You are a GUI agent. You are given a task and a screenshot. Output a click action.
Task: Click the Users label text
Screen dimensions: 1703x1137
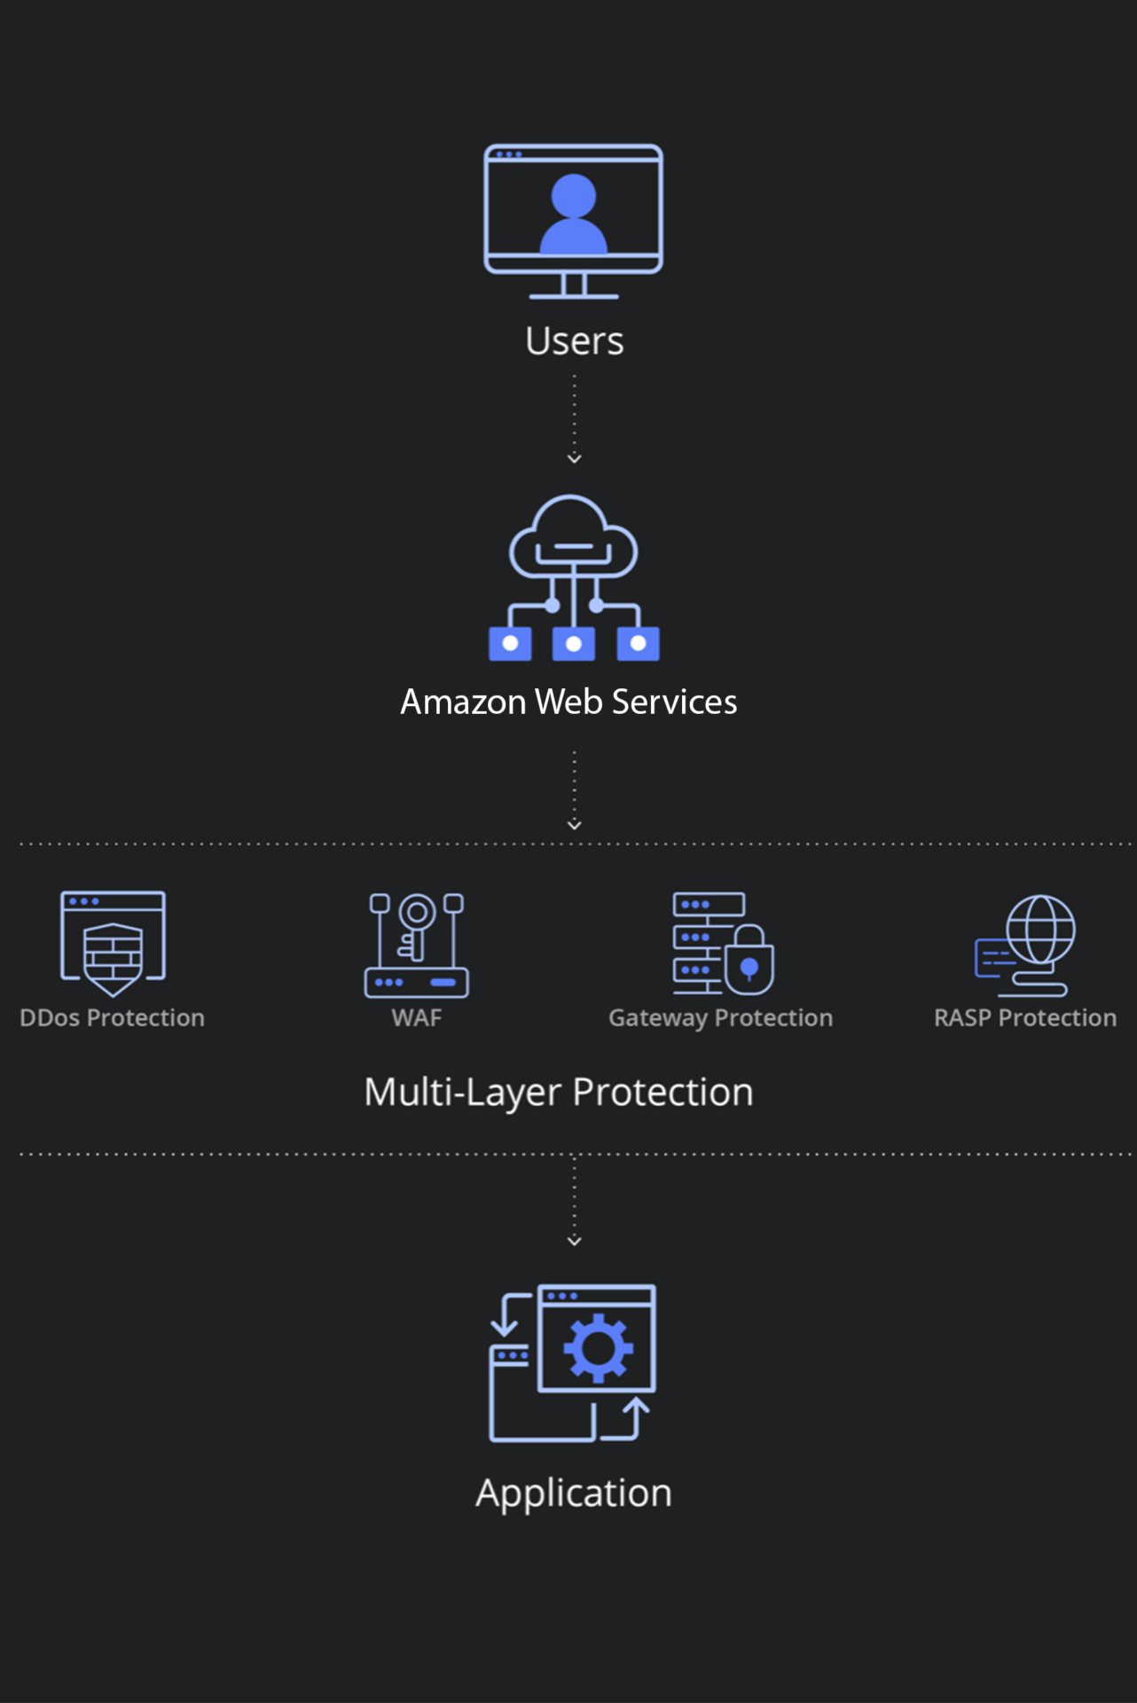click(x=574, y=341)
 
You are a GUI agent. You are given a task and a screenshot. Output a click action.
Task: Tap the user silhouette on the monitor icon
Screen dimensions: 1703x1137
click(x=574, y=215)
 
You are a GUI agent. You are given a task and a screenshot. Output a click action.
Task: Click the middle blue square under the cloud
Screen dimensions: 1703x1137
click(x=574, y=644)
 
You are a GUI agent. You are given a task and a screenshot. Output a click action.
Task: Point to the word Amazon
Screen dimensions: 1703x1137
click(x=463, y=702)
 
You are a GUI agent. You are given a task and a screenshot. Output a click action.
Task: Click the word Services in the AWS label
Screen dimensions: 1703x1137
click(x=674, y=702)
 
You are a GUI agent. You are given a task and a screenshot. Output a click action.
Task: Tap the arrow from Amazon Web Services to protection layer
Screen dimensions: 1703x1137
click(x=574, y=790)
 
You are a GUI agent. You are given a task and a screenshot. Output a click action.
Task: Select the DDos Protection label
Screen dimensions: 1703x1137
click(x=112, y=1018)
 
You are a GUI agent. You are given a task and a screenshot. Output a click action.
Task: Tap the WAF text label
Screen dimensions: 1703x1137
click(x=416, y=1018)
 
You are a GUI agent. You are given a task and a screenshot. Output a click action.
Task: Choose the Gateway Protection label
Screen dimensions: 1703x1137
click(x=720, y=1018)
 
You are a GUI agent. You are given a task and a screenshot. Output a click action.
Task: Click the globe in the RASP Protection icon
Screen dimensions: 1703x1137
click(x=1041, y=929)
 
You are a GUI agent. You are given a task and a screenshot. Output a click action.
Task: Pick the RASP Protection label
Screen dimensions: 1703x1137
click(x=1024, y=1018)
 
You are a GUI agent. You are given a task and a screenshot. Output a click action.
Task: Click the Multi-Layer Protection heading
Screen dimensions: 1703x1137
click(x=559, y=1092)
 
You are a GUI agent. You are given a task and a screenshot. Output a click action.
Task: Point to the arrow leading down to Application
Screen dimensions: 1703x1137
click(x=574, y=1202)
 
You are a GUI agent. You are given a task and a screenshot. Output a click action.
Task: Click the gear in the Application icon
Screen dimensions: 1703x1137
click(x=599, y=1347)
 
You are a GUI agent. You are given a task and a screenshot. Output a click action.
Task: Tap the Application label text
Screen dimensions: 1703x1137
click(x=574, y=1494)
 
